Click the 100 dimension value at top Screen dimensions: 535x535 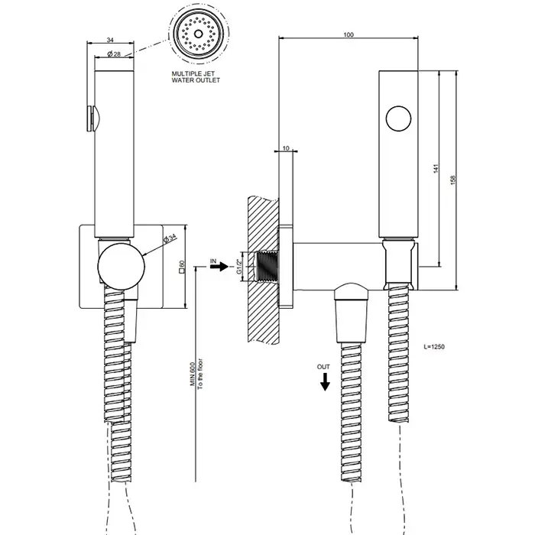pyautogui.click(x=349, y=34)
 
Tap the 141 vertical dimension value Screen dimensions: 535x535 pyautogui.click(x=436, y=169)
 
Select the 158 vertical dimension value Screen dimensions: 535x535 pyautogui.click(x=453, y=180)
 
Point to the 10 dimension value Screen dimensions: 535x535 pyautogui.click(x=286, y=148)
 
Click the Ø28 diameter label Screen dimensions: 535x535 pyautogui.click(x=114, y=54)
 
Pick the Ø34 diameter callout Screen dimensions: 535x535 pyautogui.click(x=170, y=238)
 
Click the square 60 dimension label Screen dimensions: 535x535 pyautogui.click(x=182, y=267)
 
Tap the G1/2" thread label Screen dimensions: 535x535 pyautogui.click(x=239, y=267)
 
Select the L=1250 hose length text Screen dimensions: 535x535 pyautogui.click(x=434, y=347)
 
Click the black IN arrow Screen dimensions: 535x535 pyautogui.click(x=219, y=267)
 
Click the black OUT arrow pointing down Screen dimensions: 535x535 pyautogui.click(x=325, y=382)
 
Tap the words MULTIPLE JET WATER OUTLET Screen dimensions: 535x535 pyautogui.click(x=196, y=76)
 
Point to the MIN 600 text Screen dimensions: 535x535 pyautogui.click(x=193, y=374)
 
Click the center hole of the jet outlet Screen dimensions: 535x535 pyautogui.click(x=198, y=34)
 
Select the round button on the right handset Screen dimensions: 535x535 pyautogui.click(x=398, y=118)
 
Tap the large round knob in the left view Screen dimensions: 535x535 pyautogui.click(x=121, y=266)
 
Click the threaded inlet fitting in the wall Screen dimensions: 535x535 pyautogui.click(x=267, y=267)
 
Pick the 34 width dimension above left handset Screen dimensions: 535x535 pyautogui.click(x=110, y=40)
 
